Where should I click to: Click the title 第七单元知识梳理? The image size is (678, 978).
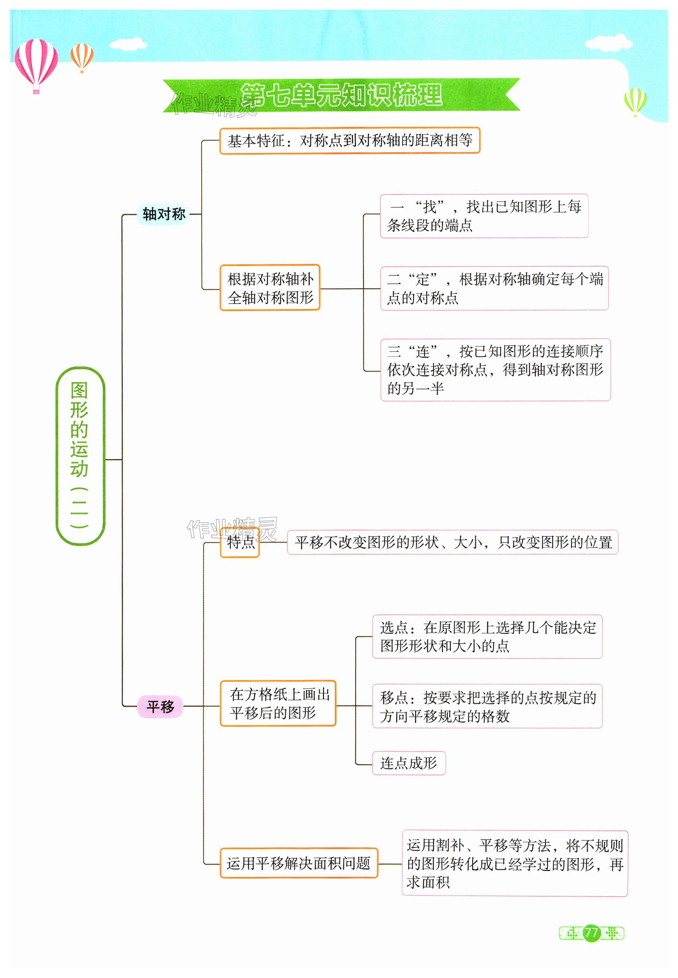click(x=341, y=95)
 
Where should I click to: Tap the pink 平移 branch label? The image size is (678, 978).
click(x=160, y=706)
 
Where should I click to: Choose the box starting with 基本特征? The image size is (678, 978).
click(x=350, y=140)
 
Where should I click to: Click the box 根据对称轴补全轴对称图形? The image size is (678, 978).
click(x=270, y=288)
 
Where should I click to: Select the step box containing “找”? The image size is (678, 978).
click(x=484, y=216)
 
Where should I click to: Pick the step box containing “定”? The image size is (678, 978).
click(x=494, y=288)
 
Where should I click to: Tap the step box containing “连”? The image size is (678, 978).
click(x=495, y=370)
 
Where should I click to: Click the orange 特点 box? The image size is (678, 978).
click(x=240, y=542)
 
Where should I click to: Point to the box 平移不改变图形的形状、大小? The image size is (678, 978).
click(x=453, y=542)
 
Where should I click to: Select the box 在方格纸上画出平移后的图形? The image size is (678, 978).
click(x=278, y=703)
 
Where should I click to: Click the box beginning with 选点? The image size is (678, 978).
click(x=487, y=637)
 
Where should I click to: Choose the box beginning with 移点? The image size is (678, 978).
click(x=487, y=706)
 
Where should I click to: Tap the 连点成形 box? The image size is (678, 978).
click(x=409, y=763)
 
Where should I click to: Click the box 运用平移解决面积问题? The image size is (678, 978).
click(x=299, y=863)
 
